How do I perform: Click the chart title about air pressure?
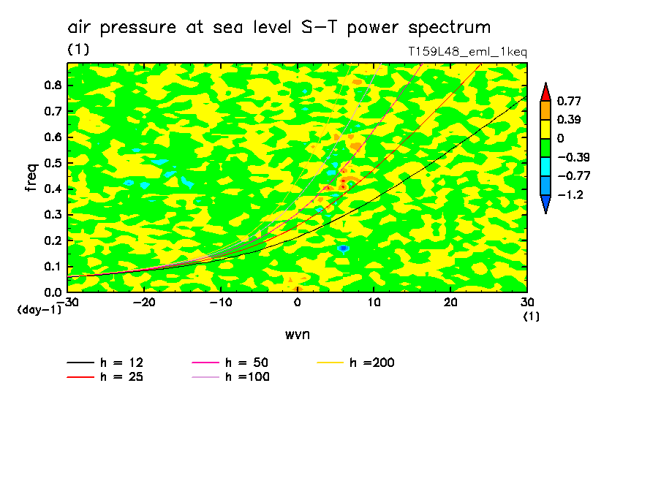coord(279,28)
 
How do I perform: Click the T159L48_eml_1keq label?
coord(467,53)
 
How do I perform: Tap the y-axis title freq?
coord(31,178)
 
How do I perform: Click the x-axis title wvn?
coord(298,334)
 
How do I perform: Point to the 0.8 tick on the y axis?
coord(53,85)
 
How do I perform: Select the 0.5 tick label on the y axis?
coord(53,163)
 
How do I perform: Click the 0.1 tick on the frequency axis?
coord(53,266)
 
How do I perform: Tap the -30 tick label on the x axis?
coord(67,302)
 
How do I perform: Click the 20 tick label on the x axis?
coord(450,302)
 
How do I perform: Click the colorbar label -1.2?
coord(567,195)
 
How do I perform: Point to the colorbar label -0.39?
coord(570,157)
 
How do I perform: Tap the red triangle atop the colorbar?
coord(545,91)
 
